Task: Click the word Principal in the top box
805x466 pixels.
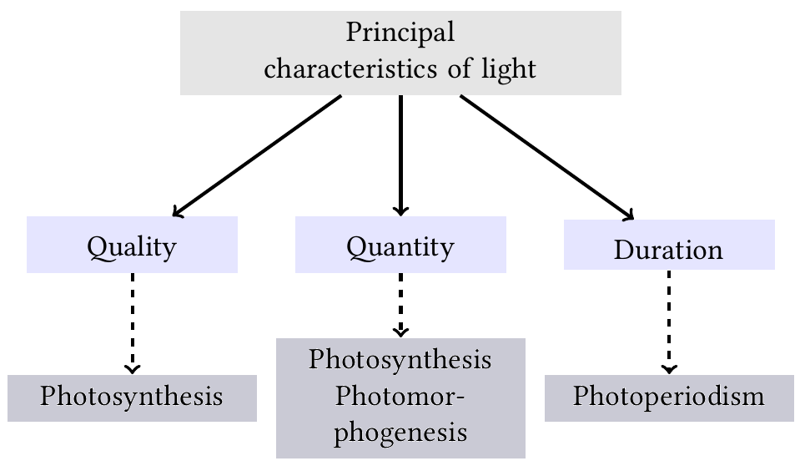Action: click(400, 33)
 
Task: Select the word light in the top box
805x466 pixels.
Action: click(509, 68)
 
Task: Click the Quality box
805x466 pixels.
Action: click(132, 246)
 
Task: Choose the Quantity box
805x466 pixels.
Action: click(400, 246)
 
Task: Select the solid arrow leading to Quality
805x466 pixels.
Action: click(256, 155)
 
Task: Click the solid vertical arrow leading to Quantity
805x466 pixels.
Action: click(400, 154)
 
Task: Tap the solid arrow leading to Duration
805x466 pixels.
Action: click(546, 157)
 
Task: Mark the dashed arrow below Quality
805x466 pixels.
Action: click(132, 322)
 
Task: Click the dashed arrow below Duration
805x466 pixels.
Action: click(669, 322)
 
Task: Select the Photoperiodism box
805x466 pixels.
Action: click(669, 398)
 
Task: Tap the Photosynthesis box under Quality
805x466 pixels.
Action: click(132, 398)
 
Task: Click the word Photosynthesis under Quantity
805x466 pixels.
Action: click(400, 360)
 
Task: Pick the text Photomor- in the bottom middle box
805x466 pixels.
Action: click(400, 396)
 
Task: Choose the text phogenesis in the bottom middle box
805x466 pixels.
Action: click(400, 433)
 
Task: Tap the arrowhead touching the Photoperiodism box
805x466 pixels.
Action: click(669, 369)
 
